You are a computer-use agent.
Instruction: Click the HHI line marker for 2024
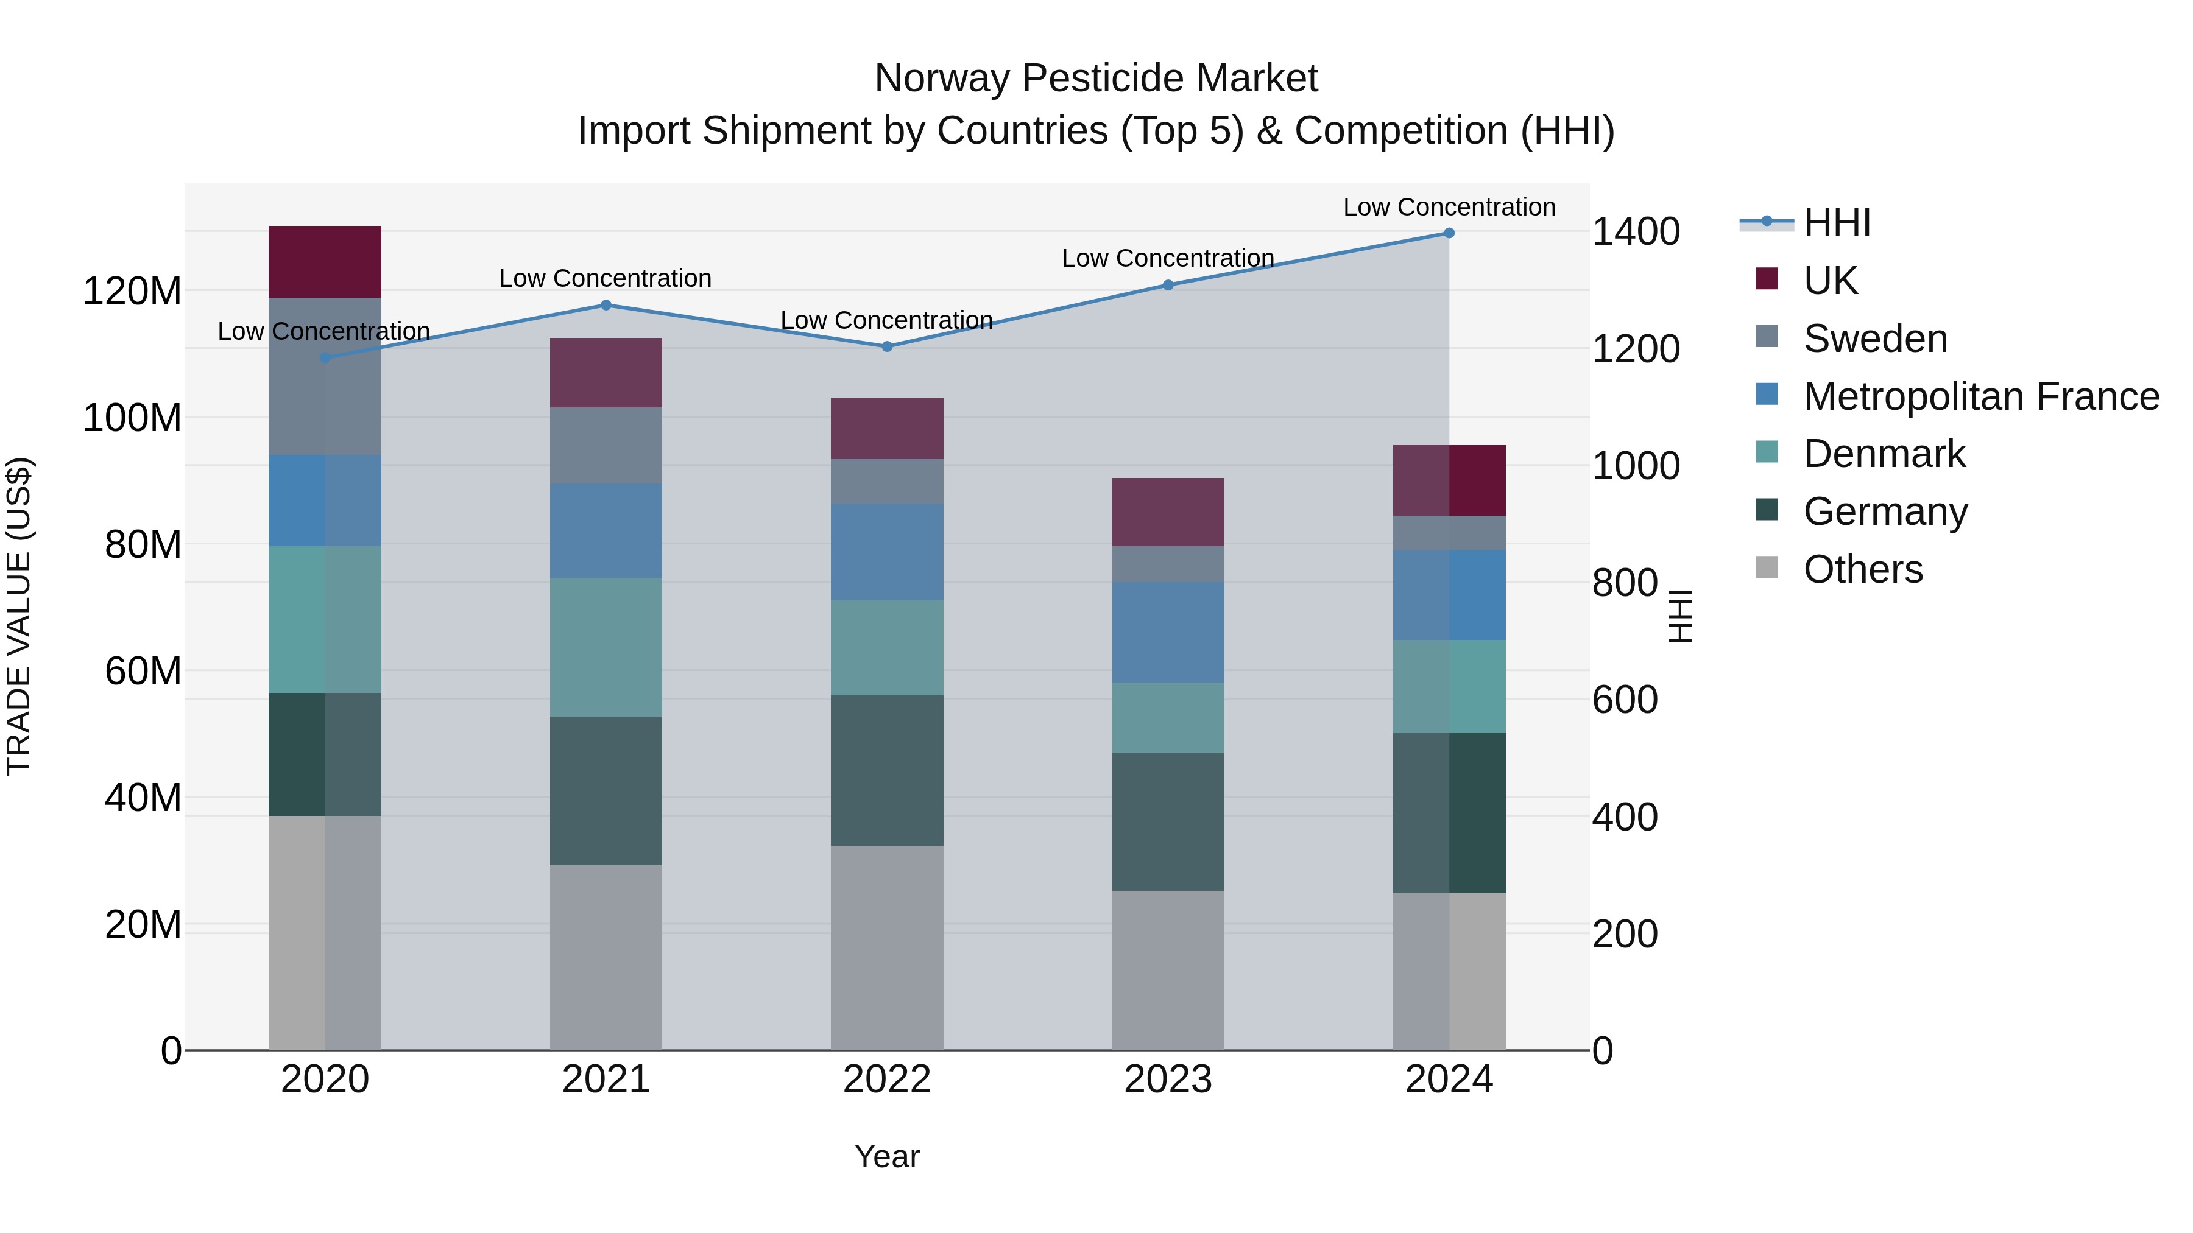[1449, 233]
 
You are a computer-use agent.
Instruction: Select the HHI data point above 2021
[606, 306]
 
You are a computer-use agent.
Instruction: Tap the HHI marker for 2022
[887, 346]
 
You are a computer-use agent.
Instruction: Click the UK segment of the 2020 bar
[324, 261]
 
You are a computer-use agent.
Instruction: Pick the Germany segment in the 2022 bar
[887, 770]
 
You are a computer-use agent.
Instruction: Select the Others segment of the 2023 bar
[1168, 970]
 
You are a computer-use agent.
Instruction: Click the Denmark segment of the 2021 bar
[606, 648]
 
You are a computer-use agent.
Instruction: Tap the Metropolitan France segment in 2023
[1168, 632]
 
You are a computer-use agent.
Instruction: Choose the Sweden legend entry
[1874, 339]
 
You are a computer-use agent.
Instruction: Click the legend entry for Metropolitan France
[1981, 396]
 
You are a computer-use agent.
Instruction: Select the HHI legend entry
[1836, 223]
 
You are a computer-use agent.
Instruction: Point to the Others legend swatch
[1767, 567]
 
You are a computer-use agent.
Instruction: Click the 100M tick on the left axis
[132, 418]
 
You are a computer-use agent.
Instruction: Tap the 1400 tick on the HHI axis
[1636, 231]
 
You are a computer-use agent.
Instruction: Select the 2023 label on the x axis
[1168, 1080]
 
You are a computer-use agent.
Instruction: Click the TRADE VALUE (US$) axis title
[19, 616]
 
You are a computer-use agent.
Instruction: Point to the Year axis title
[887, 1156]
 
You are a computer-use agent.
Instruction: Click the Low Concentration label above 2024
[1449, 207]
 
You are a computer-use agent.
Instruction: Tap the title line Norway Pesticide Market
[1096, 79]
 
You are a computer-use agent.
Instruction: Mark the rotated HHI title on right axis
[1679, 616]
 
